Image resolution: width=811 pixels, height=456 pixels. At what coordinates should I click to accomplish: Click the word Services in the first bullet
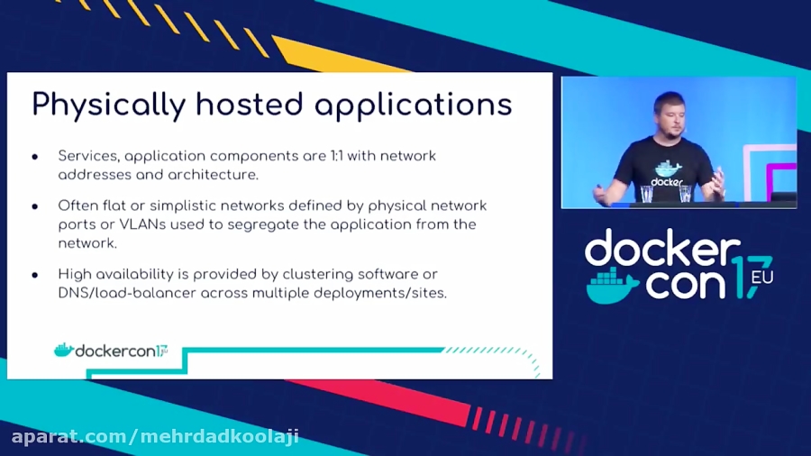(x=87, y=156)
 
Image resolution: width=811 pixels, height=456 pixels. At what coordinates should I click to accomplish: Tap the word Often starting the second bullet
(x=77, y=205)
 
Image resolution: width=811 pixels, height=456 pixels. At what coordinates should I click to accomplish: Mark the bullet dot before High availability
(x=35, y=275)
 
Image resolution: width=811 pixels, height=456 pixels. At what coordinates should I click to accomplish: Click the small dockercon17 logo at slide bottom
(x=112, y=350)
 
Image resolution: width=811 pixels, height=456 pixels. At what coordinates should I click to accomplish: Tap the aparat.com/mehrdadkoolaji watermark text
(x=154, y=437)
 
